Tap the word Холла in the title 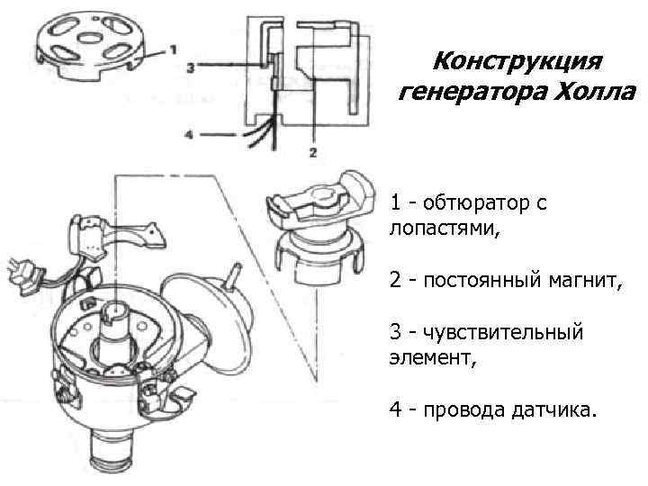(593, 93)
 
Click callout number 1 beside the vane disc (173, 47)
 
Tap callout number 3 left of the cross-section (191, 67)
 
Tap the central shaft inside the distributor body (118, 324)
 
